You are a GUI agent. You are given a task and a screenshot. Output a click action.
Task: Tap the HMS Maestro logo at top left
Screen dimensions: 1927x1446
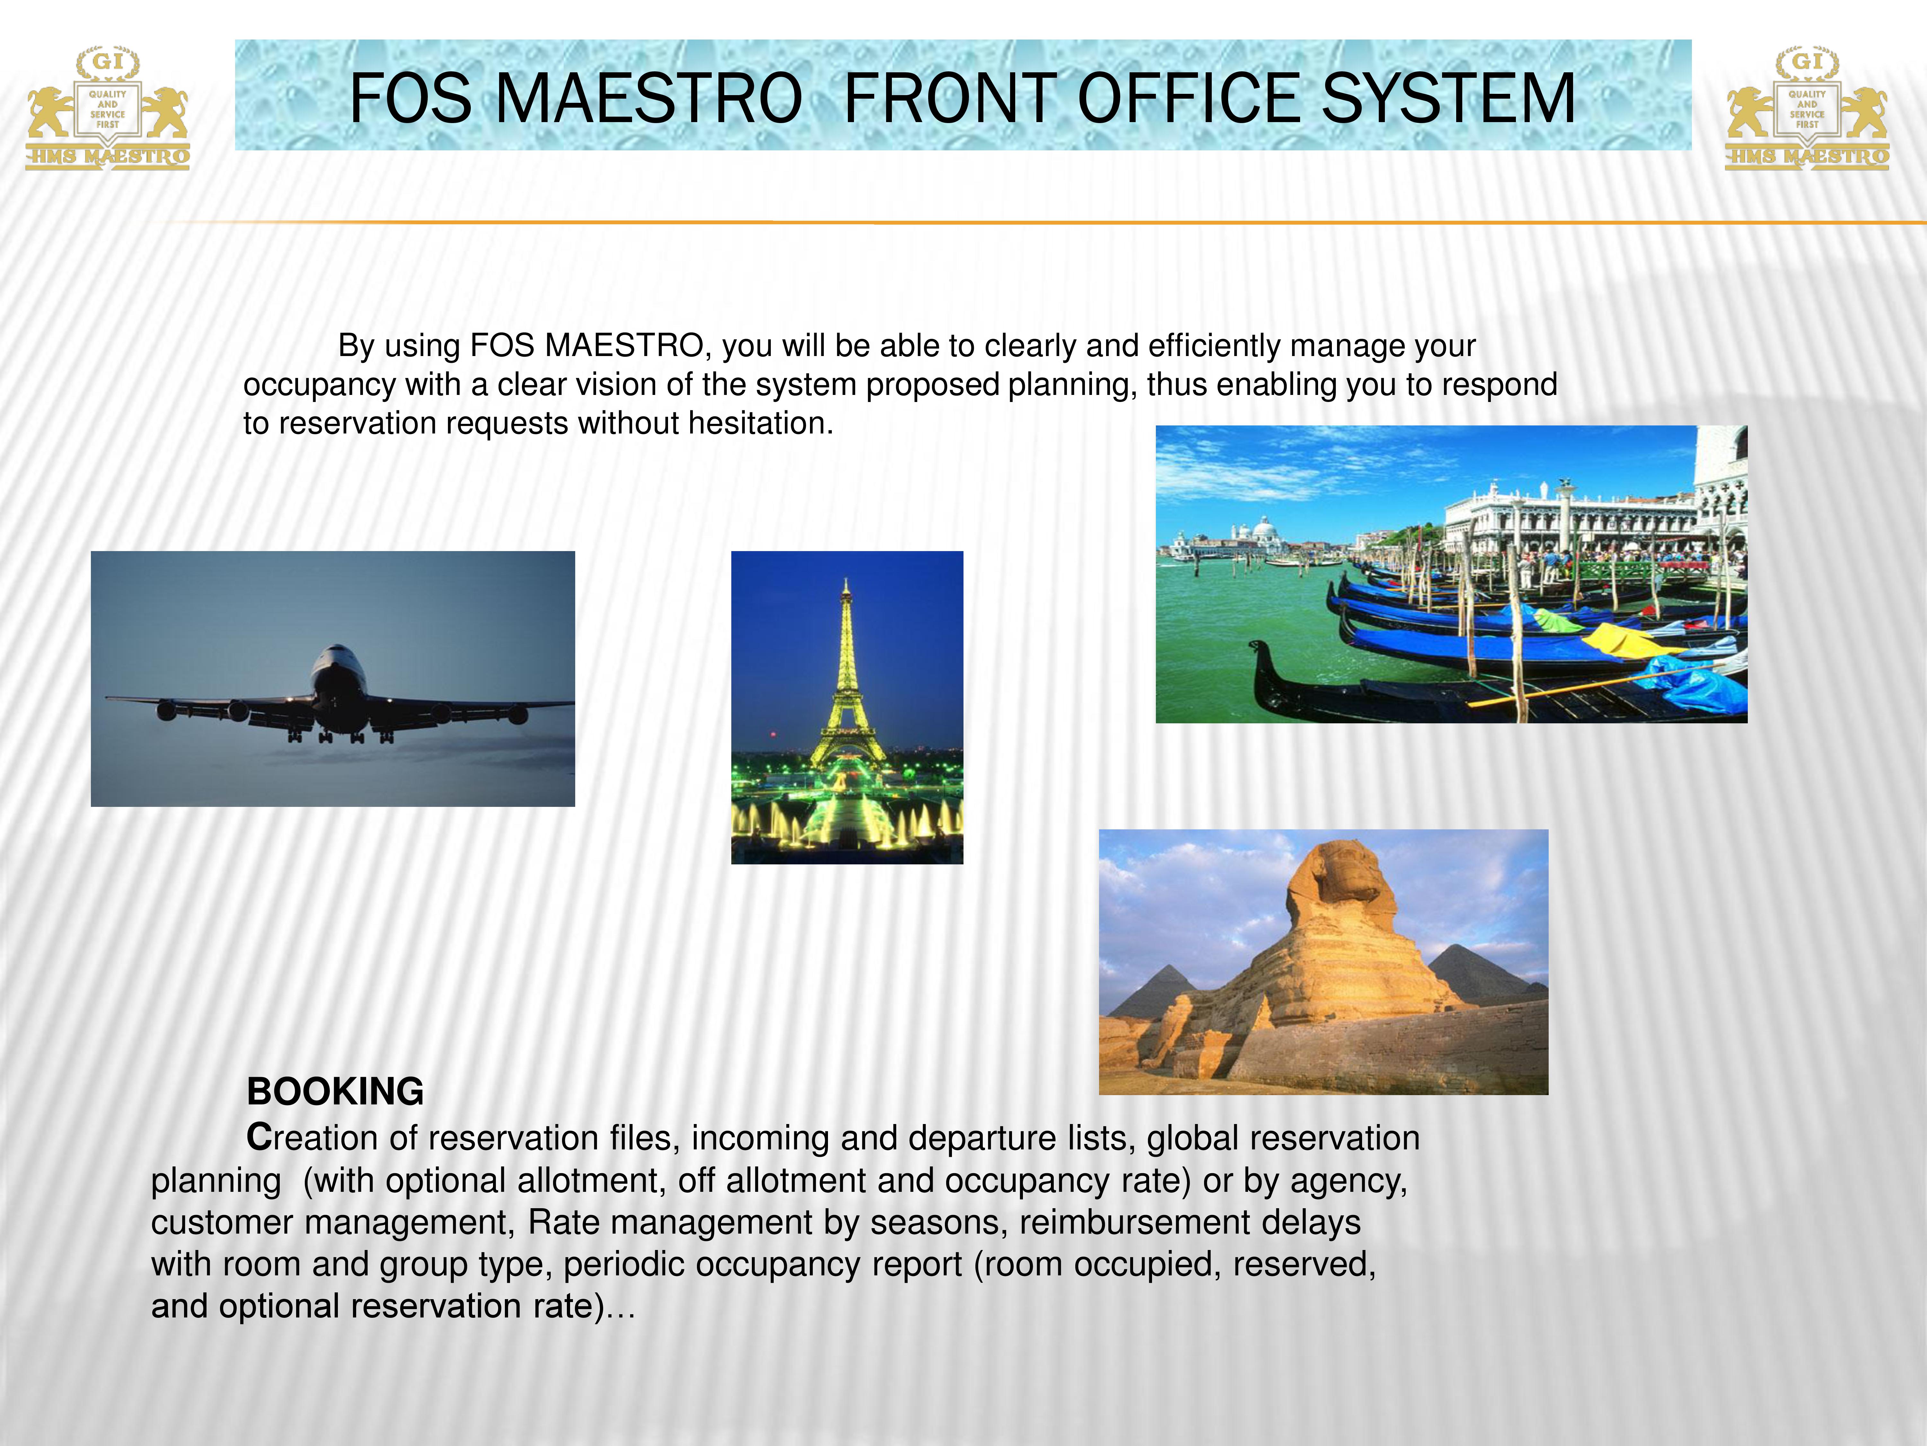(107, 108)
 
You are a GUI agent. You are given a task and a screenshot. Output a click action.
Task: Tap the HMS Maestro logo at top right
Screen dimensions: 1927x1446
(1808, 108)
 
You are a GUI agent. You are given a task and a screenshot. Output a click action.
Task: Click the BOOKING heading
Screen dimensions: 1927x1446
(335, 1091)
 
